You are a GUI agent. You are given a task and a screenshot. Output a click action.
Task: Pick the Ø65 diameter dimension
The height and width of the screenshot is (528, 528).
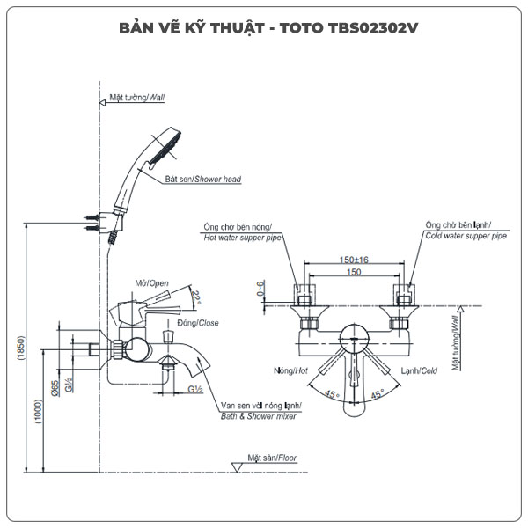click(x=55, y=386)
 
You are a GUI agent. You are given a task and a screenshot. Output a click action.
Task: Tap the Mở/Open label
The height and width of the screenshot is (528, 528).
click(x=151, y=282)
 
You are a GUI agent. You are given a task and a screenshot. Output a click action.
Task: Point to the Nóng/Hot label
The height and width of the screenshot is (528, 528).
click(x=289, y=371)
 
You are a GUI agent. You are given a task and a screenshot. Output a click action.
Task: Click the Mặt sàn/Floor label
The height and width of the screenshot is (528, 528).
click(x=272, y=458)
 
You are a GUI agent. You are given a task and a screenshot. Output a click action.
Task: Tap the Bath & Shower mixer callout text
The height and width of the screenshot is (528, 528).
click(x=258, y=416)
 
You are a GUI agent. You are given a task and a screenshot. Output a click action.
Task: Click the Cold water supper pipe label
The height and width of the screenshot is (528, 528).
click(x=466, y=237)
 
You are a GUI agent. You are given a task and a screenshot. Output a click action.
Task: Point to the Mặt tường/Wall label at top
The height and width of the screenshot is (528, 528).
click(x=136, y=98)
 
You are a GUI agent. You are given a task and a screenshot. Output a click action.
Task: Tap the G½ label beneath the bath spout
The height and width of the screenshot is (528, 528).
click(x=194, y=389)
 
